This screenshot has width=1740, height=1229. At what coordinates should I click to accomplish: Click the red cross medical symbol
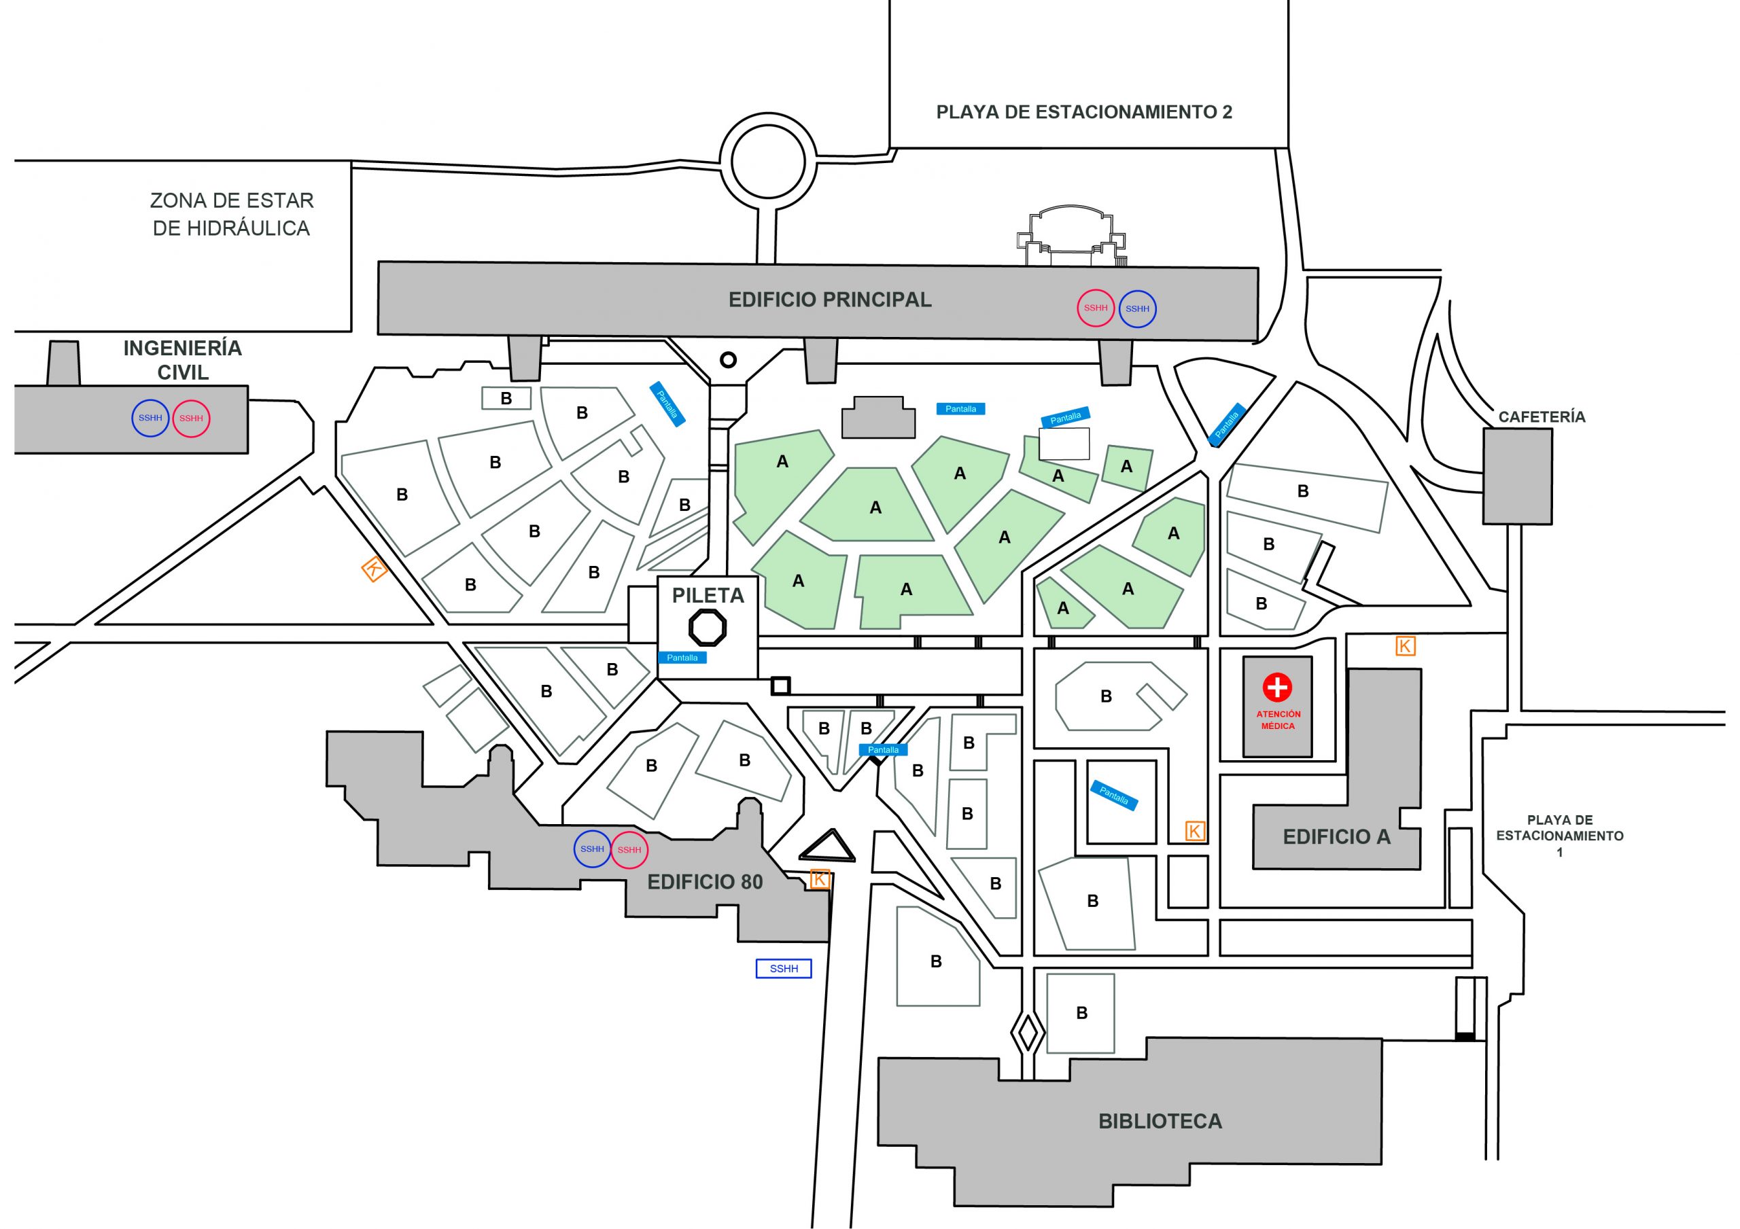[x=1277, y=688]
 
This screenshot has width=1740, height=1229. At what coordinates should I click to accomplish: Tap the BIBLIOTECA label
[x=1160, y=1122]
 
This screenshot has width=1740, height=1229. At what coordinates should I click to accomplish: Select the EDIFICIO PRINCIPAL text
[x=830, y=300]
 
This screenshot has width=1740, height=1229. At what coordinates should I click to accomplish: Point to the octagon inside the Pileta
[x=707, y=627]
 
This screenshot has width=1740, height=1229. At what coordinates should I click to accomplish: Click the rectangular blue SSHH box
[x=784, y=968]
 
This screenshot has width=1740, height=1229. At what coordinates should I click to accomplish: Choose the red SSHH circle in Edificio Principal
[x=1095, y=308]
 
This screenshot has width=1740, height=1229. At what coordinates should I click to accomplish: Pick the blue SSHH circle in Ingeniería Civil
[x=150, y=418]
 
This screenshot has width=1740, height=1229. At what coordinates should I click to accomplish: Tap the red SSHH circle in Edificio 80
[x=629, y=849]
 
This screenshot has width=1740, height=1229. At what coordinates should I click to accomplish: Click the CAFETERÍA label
[x=1542, y=416]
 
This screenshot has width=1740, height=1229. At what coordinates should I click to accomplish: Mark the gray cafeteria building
[x=1517, y=476]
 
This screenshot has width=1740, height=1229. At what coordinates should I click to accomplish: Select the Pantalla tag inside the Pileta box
[x=682, y=658]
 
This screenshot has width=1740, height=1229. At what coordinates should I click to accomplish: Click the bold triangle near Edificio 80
[x=826, y=847]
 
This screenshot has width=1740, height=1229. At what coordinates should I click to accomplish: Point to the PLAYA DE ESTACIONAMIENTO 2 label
[x=1083, y=112]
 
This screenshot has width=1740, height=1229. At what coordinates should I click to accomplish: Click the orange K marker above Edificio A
[x=1405, y=645]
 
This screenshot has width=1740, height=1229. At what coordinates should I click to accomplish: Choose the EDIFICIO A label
[x=1336, y=836]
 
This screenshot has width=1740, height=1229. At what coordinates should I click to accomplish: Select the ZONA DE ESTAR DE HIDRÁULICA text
[x=231, y=214]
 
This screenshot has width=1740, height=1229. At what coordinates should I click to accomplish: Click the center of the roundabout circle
[x=767, y=160]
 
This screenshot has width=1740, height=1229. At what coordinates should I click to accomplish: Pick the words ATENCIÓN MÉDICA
[x=1278, y=720]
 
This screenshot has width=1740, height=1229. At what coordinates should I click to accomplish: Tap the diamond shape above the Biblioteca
[x=1027, y=1033]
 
